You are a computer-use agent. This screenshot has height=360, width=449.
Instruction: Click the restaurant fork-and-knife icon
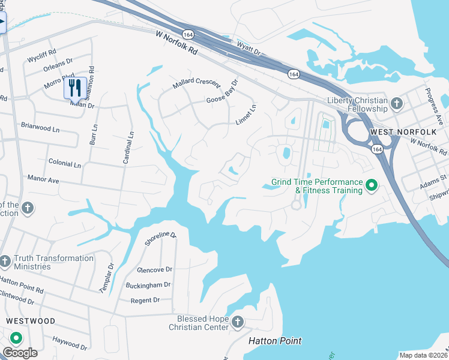click(x=73, y=88)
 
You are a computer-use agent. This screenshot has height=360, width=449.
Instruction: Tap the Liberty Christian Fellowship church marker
click(x=396, y=104)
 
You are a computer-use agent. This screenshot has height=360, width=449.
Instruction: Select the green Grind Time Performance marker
click(x=372, y=186)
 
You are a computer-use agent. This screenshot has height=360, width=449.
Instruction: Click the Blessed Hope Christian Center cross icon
click(x=238, y=323)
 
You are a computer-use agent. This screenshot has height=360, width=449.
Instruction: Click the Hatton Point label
click(x=275, y=341)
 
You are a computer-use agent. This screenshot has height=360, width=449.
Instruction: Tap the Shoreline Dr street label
click(x=161, y=239)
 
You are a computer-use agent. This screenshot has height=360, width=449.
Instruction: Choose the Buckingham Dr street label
click(x=148, y=285)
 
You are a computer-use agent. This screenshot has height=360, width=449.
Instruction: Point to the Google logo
click(x=20, y=352)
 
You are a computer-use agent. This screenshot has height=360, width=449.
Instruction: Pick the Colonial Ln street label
click(x=64, y=163)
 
